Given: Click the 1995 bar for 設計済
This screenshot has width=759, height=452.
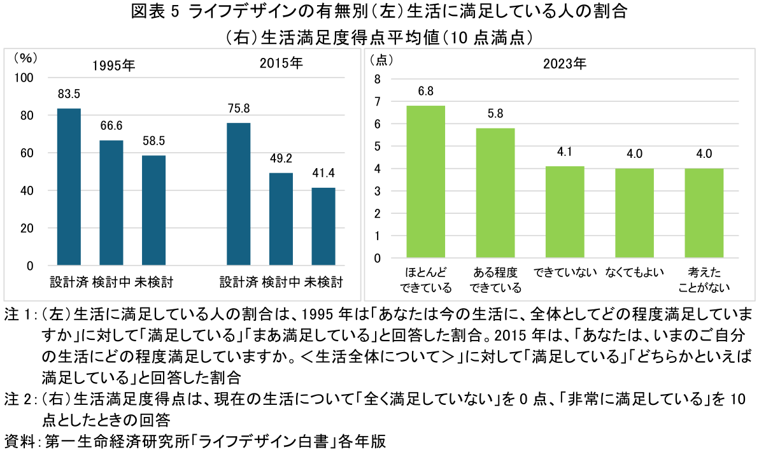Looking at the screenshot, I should point(69,187).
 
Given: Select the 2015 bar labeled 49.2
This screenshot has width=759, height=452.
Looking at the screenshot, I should point(281,218).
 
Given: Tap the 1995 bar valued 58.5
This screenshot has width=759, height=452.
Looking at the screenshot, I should point(153,210).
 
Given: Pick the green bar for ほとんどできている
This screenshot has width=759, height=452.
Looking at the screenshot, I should point(425,181).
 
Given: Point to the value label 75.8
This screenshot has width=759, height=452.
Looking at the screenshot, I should point(238,108).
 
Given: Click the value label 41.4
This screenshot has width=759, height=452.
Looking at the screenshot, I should point(323,173).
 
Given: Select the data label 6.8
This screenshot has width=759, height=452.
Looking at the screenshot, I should point(425,91).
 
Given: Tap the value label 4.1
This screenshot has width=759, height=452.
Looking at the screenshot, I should point(565,152).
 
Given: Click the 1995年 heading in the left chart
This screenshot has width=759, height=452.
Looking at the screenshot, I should point(113,66).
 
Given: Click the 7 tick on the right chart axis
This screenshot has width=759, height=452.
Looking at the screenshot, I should point(378,101).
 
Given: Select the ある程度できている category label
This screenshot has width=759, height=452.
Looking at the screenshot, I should point(495,280).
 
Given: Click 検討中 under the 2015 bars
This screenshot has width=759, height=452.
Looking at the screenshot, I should point(281,281).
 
